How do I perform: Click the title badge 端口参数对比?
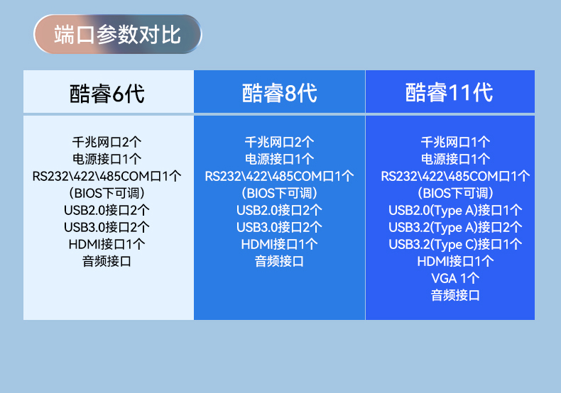tap(118, 34)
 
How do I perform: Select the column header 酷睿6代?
tap(107, 93)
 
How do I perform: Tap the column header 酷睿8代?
tap(279, 93)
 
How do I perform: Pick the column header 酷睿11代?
tap(450, 92)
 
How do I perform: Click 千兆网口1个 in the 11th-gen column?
tap(455, 142)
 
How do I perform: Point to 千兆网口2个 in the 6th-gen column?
tap(107, 142)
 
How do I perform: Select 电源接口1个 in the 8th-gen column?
tap(279, 159)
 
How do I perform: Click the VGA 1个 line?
tap(455, 278)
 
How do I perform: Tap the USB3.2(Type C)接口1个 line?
tap(455, 244)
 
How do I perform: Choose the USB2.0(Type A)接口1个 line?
tap(455, 210)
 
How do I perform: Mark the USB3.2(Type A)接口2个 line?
tap(455, 227)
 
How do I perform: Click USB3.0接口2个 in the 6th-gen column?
tap(107, 227)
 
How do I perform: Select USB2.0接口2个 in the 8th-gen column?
tap(279, 210)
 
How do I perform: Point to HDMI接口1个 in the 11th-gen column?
tap(455, 261)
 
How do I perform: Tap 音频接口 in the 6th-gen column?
tap(107, 261)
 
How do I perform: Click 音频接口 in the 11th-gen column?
tap(455, 295)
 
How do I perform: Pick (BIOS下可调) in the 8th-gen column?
tap(279, 193)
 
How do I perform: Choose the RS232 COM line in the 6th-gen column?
tap(107, 176)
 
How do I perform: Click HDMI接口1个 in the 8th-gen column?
tap(279, 244)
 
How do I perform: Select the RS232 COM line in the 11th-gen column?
tap(455, 176)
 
